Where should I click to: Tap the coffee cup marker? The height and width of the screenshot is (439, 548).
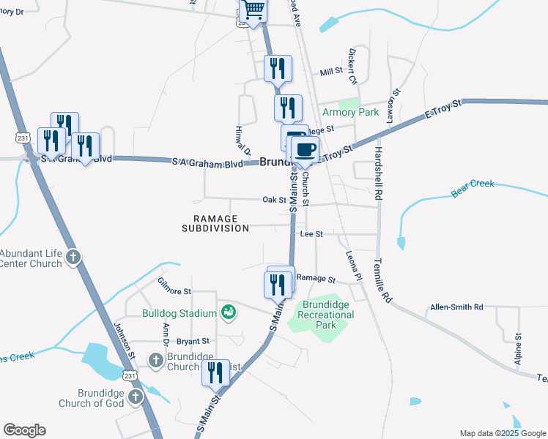point(305,150)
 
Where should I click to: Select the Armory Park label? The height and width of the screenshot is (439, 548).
point(350,113)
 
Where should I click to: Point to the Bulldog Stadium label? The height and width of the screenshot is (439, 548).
point(179,313)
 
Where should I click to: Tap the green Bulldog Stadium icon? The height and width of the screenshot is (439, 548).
point(229,312)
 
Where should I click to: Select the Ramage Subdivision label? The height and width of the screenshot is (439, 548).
point(215,223)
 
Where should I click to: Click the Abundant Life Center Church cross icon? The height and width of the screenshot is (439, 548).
point(73,258)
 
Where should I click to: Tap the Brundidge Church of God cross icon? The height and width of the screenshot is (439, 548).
point(135,397)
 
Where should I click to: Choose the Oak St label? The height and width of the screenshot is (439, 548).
point(274,200)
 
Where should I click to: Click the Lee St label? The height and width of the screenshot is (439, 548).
point(312,233)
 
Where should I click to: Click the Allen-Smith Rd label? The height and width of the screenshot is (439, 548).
point(457,307)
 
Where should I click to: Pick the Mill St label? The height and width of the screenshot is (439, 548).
point(332,72)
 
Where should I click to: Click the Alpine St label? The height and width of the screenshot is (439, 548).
point(518,349)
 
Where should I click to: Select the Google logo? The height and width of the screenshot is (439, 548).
point(24,430)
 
